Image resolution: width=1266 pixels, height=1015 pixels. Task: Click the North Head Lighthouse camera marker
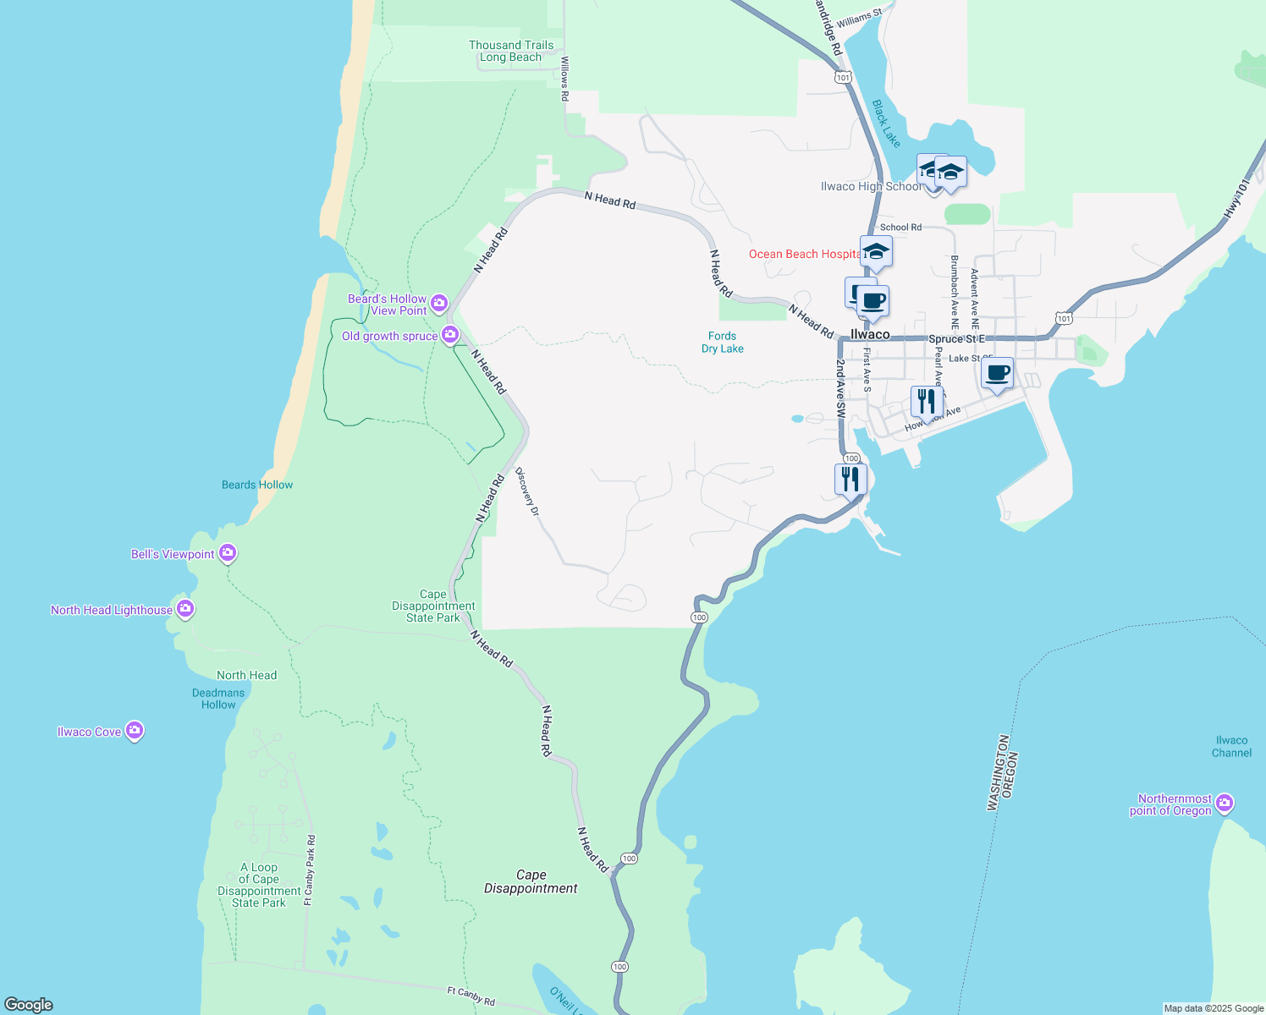tap(185, 609)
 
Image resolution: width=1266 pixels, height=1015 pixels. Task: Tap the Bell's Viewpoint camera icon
tap(227, 553)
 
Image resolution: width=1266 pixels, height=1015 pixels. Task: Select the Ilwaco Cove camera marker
tap(134, 731)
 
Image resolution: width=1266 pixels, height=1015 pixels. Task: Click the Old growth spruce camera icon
tap(450, 335)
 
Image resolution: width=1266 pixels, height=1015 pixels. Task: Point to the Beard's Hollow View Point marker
tap(438, 303)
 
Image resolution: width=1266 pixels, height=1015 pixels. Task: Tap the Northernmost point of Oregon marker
tap(1224, 803)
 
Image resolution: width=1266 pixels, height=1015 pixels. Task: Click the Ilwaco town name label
tap(870, 335)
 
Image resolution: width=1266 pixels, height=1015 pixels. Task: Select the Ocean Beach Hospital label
tap(804, 254)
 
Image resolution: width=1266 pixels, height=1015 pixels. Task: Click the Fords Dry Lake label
tap(723, 343)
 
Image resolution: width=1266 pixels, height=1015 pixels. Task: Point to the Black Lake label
tap(886, 123)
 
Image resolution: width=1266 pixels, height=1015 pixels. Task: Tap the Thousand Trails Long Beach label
tap(511, 52)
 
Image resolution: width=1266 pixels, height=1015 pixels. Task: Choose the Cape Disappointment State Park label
tap(433, 606)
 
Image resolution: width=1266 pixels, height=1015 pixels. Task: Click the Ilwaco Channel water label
tap(1231, 747)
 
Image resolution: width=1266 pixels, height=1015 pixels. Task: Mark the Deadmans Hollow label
tap(218, 699)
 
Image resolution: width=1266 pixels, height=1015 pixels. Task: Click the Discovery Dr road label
tap(526, 492)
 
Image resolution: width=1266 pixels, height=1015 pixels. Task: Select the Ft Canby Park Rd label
tap(309, 870)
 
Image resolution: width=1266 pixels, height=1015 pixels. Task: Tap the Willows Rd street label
tap(564, 80)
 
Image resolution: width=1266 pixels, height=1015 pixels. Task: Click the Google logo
tap(29, 1005)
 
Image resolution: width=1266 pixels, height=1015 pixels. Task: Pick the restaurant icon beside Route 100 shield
tap(850, 479)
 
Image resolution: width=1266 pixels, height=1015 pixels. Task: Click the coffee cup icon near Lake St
tap(998, 372)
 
